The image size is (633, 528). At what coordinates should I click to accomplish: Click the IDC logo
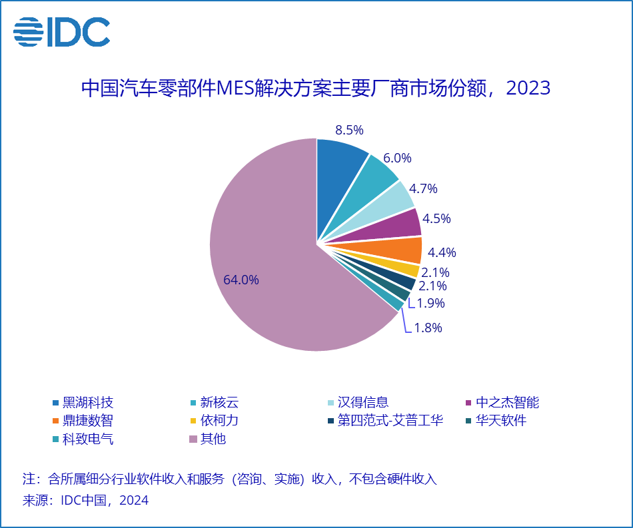[61, 31]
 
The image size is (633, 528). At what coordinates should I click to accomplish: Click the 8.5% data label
[349, 130]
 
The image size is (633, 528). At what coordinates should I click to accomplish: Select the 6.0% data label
[398, 158]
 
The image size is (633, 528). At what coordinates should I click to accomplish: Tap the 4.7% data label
[423, 188]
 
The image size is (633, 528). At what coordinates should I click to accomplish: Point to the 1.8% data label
[428, 328]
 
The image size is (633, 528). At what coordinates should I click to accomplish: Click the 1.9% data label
[430, 303]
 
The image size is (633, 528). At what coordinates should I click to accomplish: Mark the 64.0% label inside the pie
[241, 280]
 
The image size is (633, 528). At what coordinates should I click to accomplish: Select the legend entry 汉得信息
[362, 402]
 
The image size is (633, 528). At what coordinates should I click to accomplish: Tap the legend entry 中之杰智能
[507, 402]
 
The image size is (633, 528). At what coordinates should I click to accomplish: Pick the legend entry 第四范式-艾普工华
[390, 421]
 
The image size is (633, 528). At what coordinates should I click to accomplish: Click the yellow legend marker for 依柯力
[193, 421]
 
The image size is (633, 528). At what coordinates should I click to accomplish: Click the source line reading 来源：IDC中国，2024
[86, 501]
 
